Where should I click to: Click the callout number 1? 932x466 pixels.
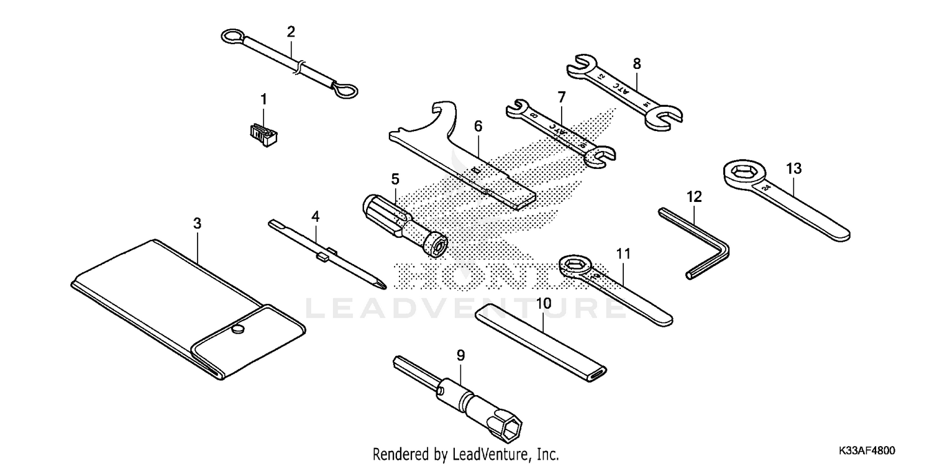click(263, 99)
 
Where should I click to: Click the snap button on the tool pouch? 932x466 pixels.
click(237, 330)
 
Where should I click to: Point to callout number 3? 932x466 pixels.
click(197, 224)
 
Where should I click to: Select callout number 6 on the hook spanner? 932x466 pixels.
click(478, 126)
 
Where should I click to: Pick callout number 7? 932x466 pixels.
click(561, 97)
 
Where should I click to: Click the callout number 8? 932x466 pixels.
click(637, 63)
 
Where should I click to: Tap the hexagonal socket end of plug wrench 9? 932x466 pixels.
click(513, 430)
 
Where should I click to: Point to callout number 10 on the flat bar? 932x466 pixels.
click(544, 304)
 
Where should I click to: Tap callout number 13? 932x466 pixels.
click(793, 168)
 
